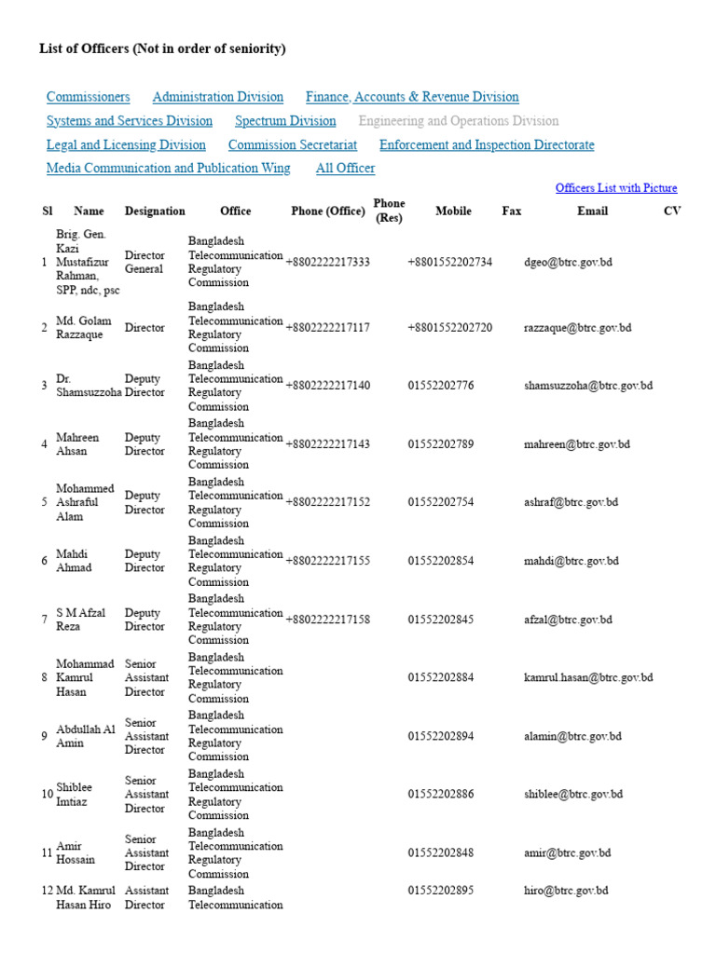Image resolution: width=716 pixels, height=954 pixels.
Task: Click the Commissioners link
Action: (x=88, y=97)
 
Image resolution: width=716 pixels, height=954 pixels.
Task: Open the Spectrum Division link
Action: (x=285, y=121)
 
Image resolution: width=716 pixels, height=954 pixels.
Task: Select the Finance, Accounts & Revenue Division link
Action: (x=412, y=97)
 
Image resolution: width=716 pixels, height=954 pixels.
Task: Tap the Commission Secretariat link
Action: (x=293, y=145)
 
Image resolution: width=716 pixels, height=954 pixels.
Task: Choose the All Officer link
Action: (x=345, y=169)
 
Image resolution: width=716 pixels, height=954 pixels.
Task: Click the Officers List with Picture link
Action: (x=616, y=188)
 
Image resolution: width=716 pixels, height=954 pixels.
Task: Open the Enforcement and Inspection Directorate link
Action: (x=487, y=145)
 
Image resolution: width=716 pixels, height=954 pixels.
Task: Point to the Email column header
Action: (x=592, y=211)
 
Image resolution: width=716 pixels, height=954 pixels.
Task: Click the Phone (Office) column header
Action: (x=327, y=211)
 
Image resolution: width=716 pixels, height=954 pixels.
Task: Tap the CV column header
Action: (x=672, y=211)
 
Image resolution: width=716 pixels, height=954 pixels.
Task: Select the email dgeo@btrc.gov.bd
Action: (x=568, y=263)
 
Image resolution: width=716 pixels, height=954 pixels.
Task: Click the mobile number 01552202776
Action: (x=440, y=386)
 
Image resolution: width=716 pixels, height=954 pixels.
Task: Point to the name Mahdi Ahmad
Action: (x=74, y=561)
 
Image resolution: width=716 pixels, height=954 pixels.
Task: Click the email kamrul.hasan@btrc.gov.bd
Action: (x=588, y=678)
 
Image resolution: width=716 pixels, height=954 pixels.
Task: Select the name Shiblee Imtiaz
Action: (x=74, y=795)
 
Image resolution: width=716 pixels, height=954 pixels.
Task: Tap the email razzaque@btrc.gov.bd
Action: (x=577, y=328)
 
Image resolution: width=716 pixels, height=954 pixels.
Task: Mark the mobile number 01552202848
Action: (x=440, y=853)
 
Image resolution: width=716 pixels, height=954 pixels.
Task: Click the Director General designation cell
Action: (x=145, y=263)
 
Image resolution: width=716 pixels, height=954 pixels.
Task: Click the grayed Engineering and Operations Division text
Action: (x=459, y=121)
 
